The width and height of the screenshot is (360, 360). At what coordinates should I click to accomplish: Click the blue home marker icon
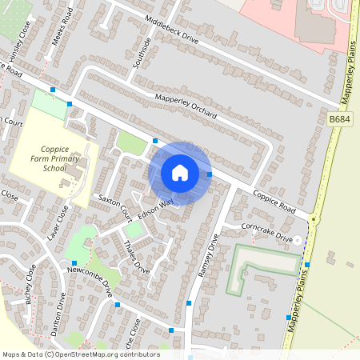coord(180,173)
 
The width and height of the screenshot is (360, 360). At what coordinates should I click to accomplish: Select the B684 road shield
coord(340,119)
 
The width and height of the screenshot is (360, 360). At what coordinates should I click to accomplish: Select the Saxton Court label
coord(115,206)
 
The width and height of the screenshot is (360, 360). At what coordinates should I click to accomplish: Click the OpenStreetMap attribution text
coord(81,354)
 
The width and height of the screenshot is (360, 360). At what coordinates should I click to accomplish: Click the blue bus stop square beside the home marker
coord(210,174)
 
